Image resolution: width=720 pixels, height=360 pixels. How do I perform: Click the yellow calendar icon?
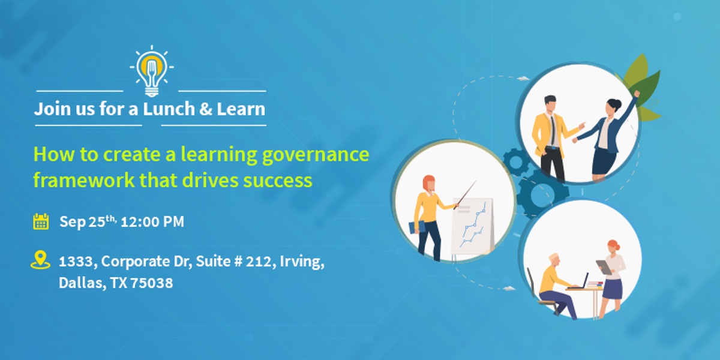point(41,221)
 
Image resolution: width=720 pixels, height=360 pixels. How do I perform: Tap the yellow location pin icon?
point(40,260)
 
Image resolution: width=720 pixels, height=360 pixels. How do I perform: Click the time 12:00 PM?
point(152,222)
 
